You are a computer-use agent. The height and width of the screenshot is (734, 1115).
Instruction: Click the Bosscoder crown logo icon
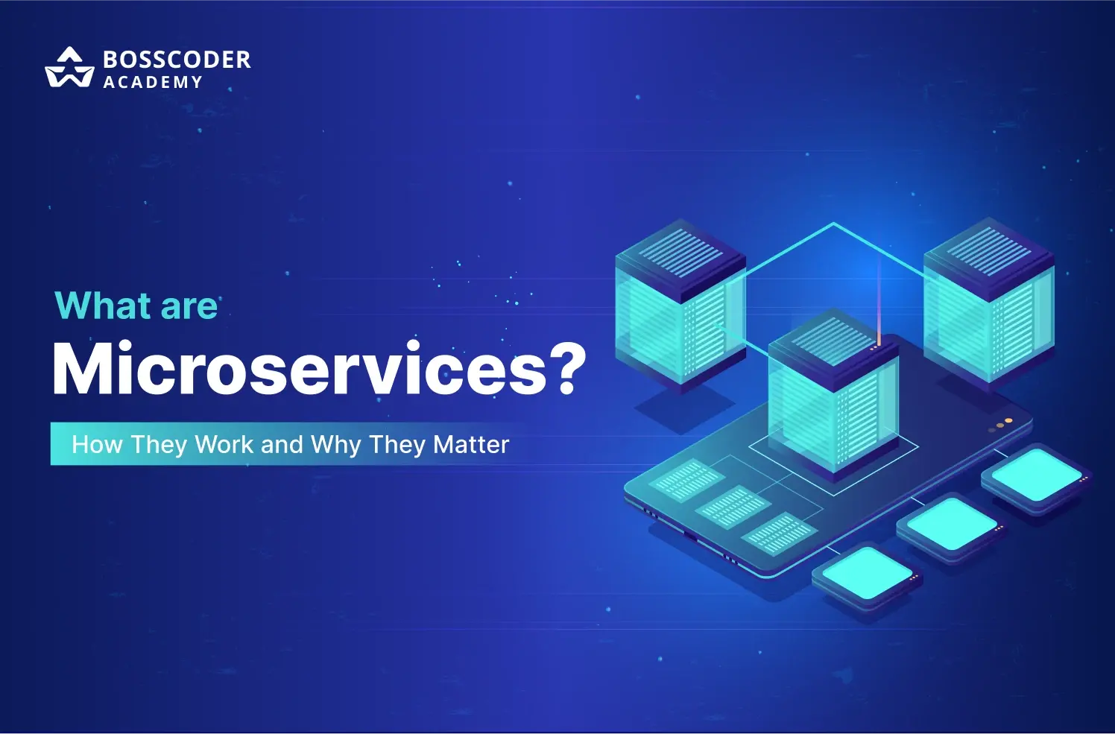click(69, 67)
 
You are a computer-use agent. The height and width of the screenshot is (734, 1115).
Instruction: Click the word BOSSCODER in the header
click(177, 60)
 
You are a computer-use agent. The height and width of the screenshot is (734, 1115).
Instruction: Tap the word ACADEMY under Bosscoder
click(153, 82)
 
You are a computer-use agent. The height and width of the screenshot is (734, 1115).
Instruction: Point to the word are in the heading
click(189, 307)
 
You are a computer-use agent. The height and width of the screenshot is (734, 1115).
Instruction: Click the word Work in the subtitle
click(224, 444)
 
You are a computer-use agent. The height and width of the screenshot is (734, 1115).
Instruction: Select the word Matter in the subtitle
click(471, 444)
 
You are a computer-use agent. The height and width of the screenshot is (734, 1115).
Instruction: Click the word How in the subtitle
click(97, 444)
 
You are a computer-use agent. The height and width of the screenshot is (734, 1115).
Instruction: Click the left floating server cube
click(680, 302)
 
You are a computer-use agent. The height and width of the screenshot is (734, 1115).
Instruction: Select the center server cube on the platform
click(834, 391)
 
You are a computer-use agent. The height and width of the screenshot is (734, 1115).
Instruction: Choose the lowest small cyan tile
click(867, 577)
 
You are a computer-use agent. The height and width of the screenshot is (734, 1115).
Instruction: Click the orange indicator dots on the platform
click(1000, 425)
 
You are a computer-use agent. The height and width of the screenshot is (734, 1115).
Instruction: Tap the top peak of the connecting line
click(834, 223)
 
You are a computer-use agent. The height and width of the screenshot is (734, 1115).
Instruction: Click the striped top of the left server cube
click(680, 254)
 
